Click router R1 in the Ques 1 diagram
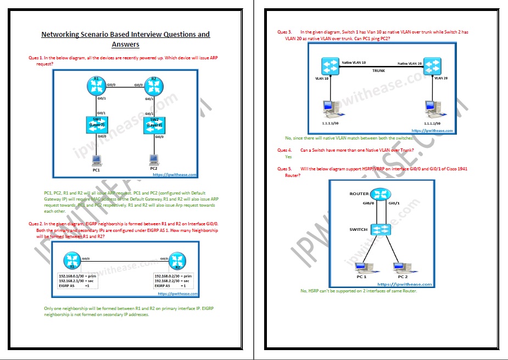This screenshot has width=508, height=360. (97, 85)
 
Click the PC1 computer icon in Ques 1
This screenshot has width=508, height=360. (96, 160)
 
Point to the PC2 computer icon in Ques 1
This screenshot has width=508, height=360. (154, 160)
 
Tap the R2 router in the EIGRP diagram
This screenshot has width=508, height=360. (176, 259)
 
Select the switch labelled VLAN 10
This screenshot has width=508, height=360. (331, 67)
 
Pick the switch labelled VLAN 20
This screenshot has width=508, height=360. (432, 67)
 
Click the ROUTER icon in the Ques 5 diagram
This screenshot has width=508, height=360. (378, 194)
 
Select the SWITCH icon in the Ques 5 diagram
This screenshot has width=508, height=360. (378, 230)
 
